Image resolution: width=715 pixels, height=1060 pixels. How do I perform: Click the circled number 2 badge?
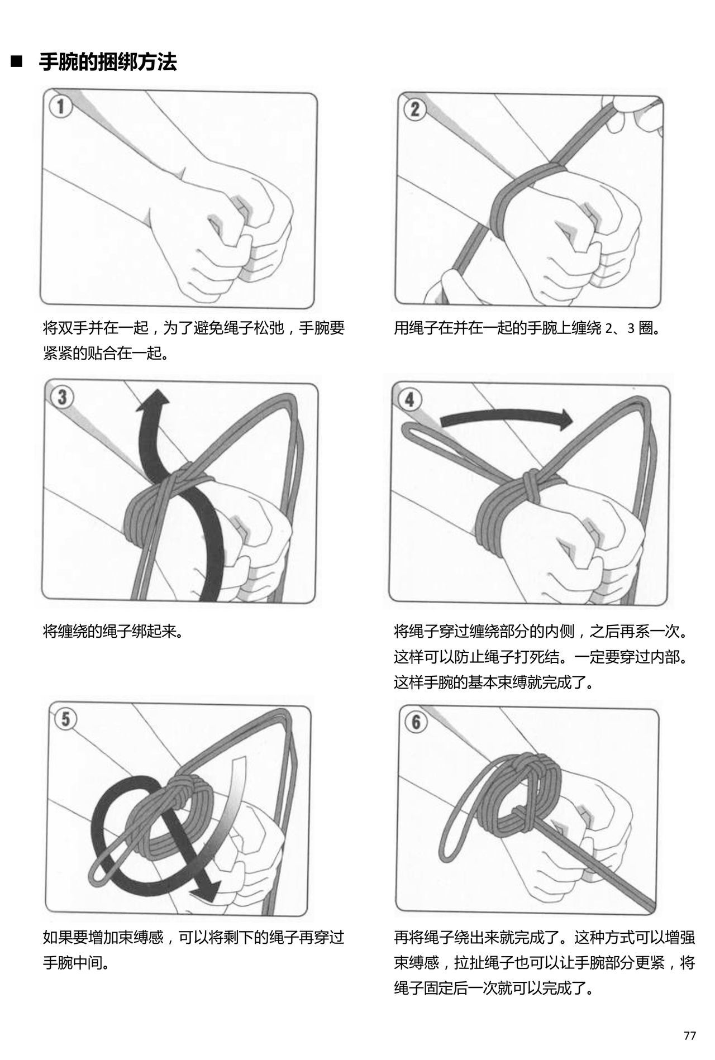[414, 108]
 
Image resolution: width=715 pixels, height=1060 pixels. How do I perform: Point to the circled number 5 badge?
[66, 719]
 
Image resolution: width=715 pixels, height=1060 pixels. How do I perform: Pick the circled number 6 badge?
[416, 722]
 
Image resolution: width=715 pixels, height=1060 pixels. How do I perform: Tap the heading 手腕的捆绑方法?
[108, 61]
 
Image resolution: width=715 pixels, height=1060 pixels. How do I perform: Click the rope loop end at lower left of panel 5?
[97, 879]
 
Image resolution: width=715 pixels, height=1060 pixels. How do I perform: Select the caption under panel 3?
[113, 632]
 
